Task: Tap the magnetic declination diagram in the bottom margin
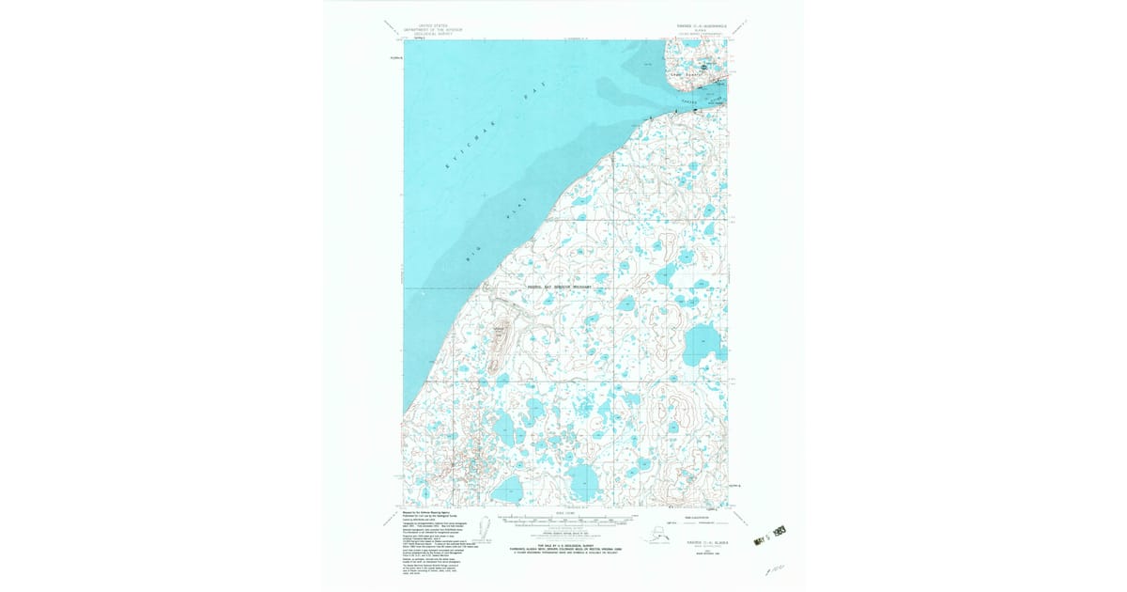(485, 529)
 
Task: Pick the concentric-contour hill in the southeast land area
(682, 413)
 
